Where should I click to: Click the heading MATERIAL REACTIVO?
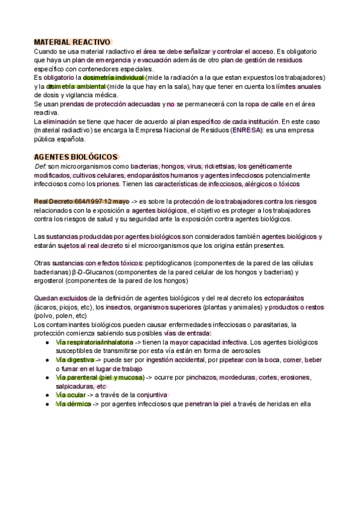[x=72, y=43]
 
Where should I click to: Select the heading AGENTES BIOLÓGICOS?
[x=76, y=157]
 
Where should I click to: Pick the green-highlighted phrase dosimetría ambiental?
[x=72, y=86]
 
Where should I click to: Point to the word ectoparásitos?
[x=283, y=298]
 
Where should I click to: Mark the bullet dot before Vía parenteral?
[x=47, y=378]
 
